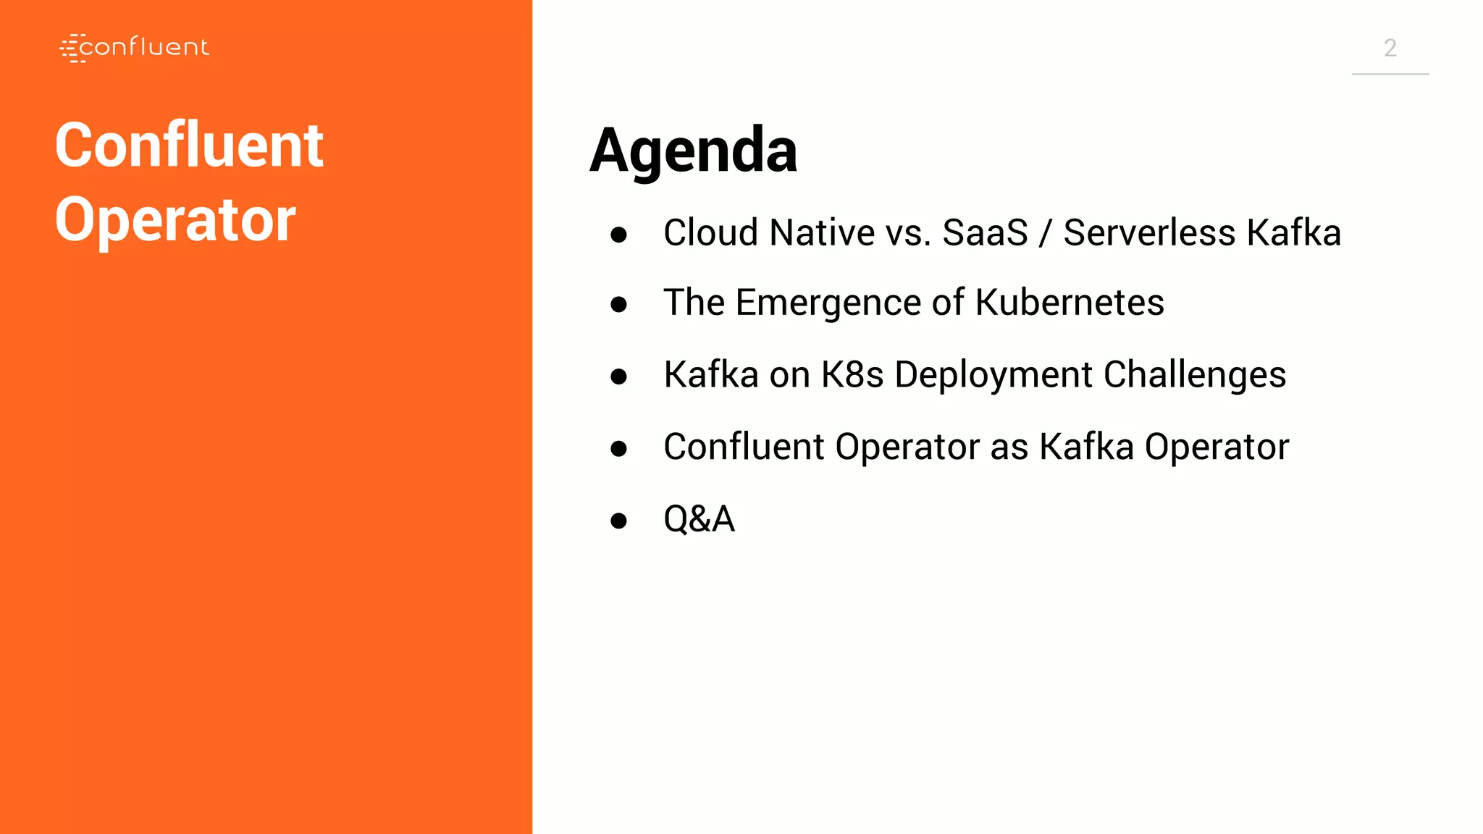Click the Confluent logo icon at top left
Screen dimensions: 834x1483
coord(72,48)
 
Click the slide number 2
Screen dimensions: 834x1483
coord(1390,48)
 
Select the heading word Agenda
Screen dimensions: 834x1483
coord(693,151)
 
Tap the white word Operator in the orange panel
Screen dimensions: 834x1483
coord(175,220)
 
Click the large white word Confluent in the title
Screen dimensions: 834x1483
coord(189,146)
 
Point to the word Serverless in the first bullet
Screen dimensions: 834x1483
coord(1149,233)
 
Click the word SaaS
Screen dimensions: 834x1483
coord(985,233)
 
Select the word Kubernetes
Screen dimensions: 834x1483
coord(1070,303)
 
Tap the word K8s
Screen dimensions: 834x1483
coord(852,375)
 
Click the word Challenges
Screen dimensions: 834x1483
coord(1194,375)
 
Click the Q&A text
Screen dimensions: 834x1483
coord(699,519)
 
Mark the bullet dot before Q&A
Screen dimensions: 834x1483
coord(618,521)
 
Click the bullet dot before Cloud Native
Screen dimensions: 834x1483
coord(618,235)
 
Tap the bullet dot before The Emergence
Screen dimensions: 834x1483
coord(618,304)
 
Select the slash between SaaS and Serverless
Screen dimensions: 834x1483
coord(1044,233)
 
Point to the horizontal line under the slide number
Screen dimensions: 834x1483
coord(1390,74)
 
